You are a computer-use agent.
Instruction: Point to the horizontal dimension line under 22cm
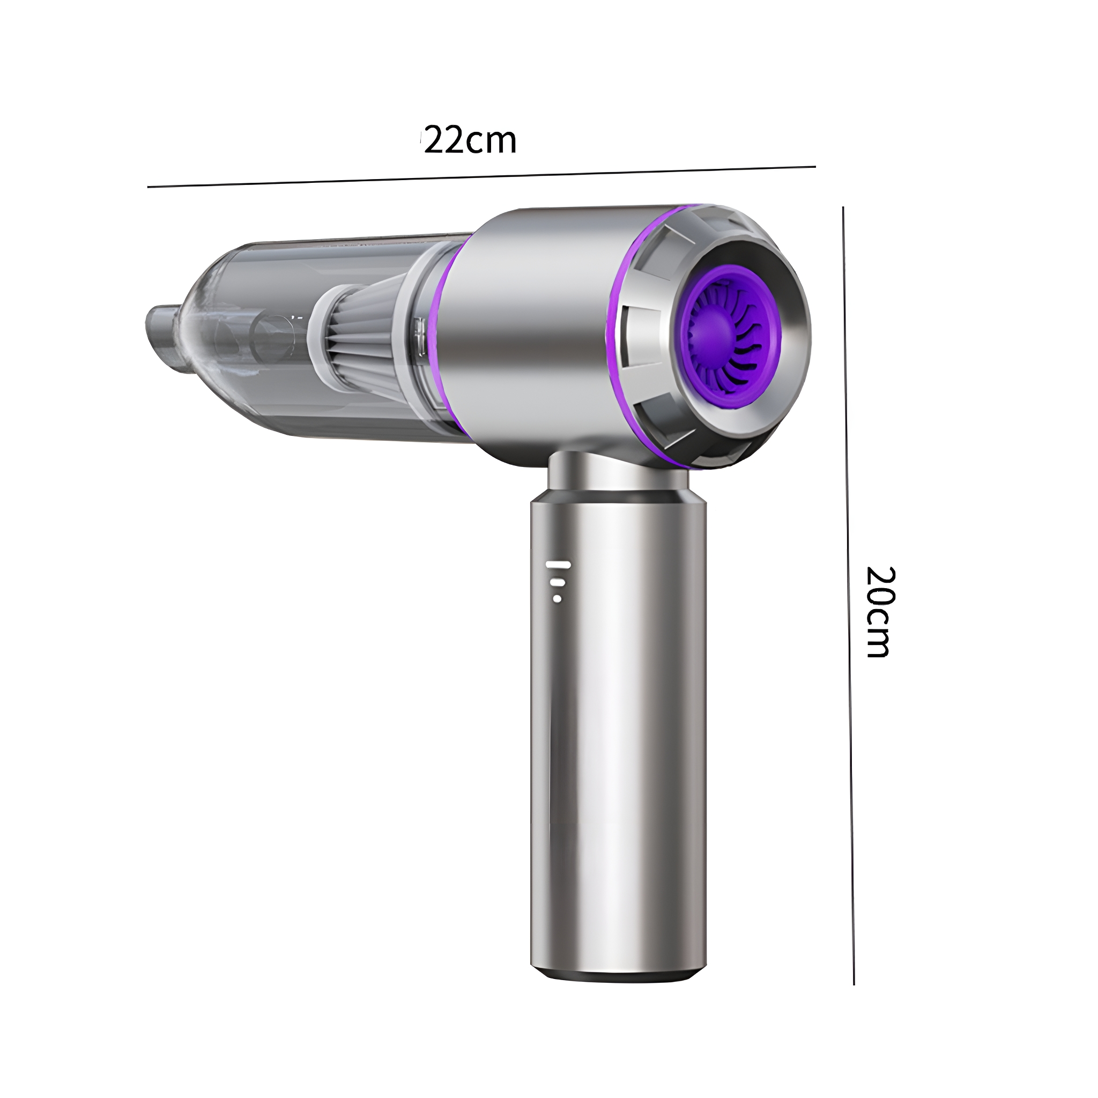coord(481,177)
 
